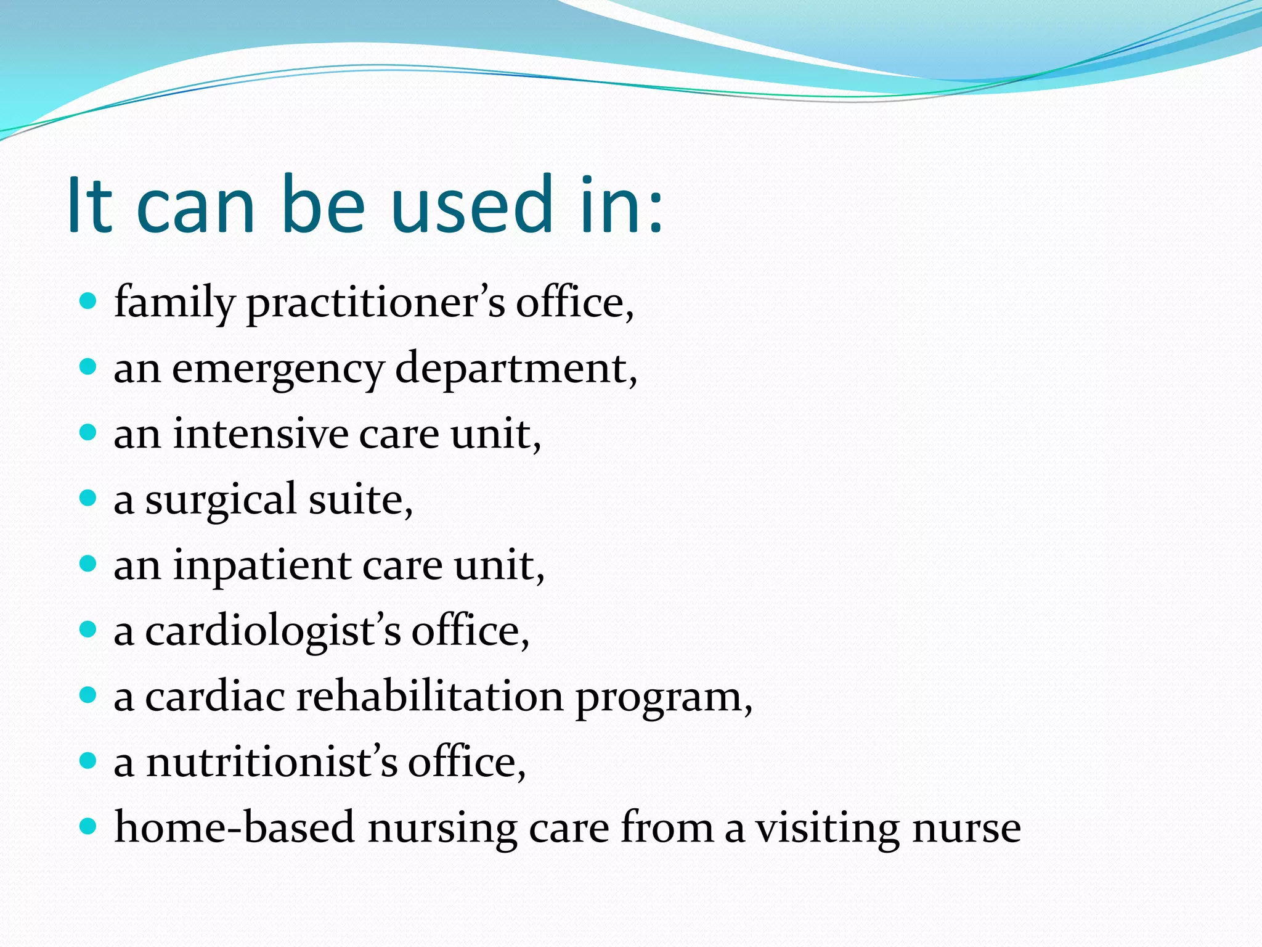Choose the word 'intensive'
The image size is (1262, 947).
(x=260, y=434)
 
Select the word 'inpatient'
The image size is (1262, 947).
(x=262, y=566)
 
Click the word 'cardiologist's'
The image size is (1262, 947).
(x=273, y=632)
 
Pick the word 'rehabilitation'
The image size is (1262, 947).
(x=429, y=697)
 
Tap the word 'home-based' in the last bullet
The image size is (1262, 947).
(x=235, y=827)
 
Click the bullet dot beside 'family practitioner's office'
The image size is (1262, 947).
(x=89, y=301)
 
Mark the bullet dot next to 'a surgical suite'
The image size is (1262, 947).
(x=89, y=498)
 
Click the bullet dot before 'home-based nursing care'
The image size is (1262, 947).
(x=89, y=826)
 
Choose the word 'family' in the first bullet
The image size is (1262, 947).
(x=174, y=303)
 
